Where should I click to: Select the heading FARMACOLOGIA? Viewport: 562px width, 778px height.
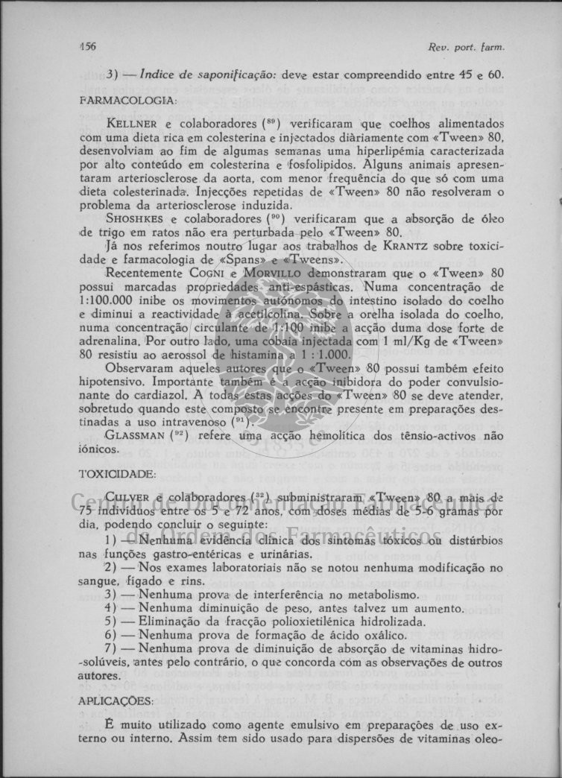point(127,99)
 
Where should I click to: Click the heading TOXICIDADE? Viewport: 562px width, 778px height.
point(117,473)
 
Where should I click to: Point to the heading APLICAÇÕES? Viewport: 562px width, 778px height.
point(116,700)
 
